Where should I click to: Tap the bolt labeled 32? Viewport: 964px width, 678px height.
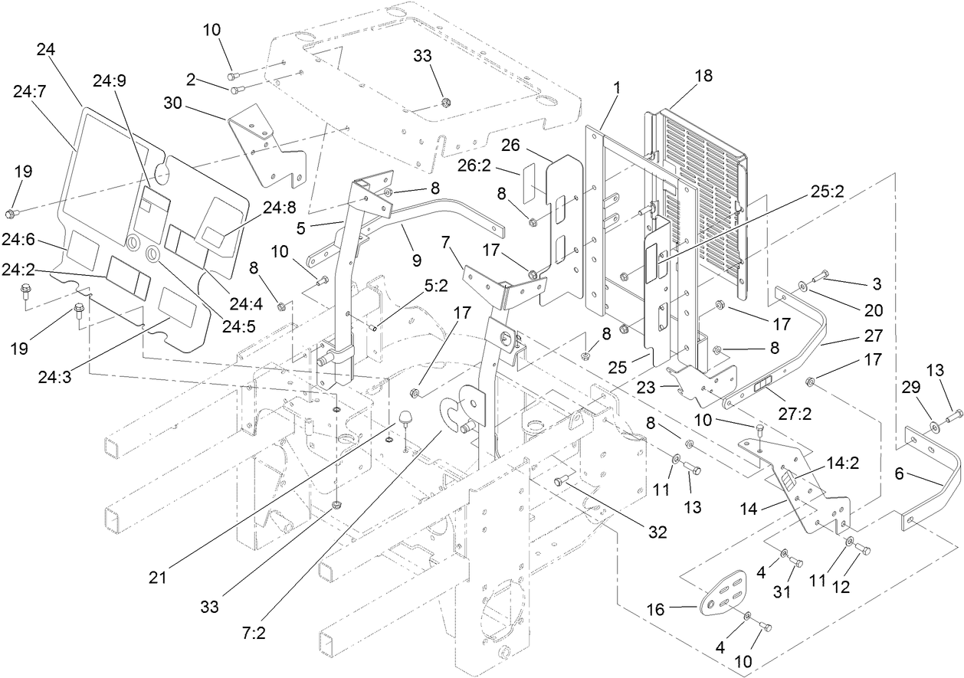point(559,482)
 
